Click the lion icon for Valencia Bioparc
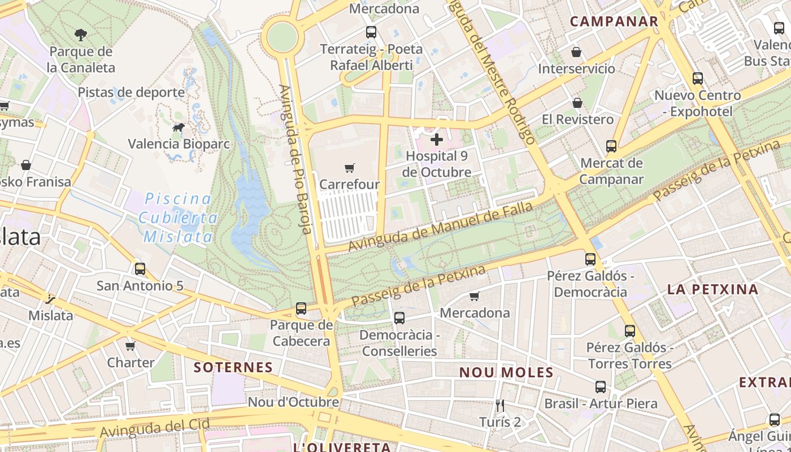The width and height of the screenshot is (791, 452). pyautogui.click(x=179, y=128)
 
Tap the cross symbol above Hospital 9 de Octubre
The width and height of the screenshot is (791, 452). pyautogui.click(x=437, y=139)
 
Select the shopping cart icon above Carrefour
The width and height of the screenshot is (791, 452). pyautogui.click(x=350, y=168)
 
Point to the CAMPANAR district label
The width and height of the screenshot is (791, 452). pyautogui.click(x=614, y=22)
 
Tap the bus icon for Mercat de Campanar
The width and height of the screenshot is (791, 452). pyautogui.click(x=611, y=146)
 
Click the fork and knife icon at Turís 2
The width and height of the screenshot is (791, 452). pyautogui.click(x=499, y=405)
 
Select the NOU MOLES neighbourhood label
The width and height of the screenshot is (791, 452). pyautogui.click(x=506, y=372)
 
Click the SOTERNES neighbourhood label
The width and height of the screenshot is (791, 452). pyautogui.click(x=233, y=367)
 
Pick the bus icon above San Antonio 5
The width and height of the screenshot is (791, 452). pyautogui.click(x=140, y=269)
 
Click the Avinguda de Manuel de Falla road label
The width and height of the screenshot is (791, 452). pyautogui.click(x=440, y=227)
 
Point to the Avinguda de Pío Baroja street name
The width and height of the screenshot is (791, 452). pyautogui.click(x=295, y=159)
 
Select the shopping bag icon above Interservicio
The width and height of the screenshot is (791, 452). pyautogui.click(x=576, y=52)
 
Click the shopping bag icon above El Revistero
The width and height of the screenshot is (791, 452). pyautogui.click(x=577, y=103)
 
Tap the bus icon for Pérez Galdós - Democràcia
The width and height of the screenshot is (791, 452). pyautogui.click(x=590, y=259)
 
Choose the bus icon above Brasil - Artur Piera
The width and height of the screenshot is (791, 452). pyautogui.click(x=601, y=387)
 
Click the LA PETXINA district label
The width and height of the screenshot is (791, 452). pyautogui.click(x=712, y=290)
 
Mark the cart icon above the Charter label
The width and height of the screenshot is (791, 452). pyautogui.click(x=131, y=346)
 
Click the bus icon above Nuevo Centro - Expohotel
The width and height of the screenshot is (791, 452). pyautogui.click(x=698, y=79)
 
